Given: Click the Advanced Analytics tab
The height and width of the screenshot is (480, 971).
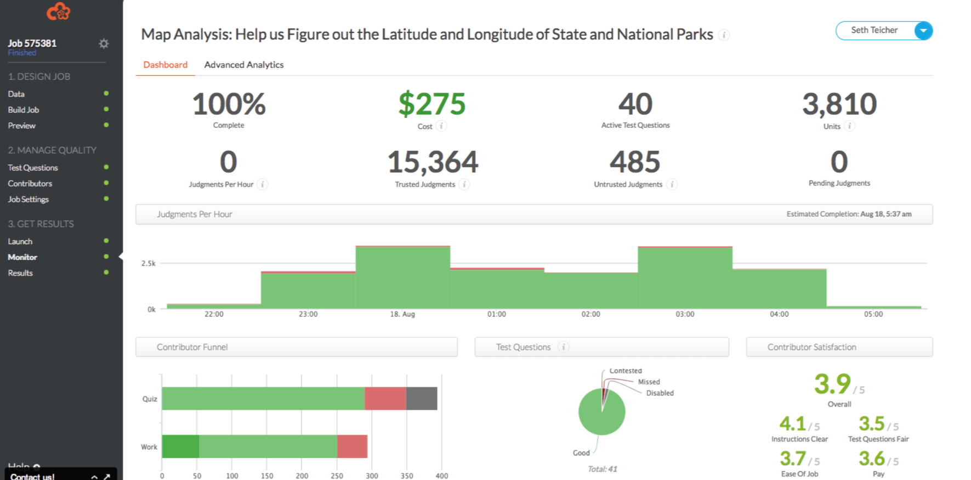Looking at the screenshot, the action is pyautogui.click(x=244, y=65).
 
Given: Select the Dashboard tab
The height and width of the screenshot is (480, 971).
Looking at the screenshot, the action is pyautogui.click(x=166, y=65).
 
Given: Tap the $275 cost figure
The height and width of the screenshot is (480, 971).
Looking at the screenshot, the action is pyautogui.click(x=432, y=104).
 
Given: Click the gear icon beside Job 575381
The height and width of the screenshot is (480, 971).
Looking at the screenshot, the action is pyautogui.click(x=104, y=43).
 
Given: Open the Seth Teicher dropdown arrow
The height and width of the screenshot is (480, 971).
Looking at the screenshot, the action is pyautogui.click(x=923, y=31).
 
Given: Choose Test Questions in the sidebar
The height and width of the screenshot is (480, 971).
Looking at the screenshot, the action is pyautogui.click(x=33, y=168).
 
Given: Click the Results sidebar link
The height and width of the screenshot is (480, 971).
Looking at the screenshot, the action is pyautogui.click(x=20, y=273).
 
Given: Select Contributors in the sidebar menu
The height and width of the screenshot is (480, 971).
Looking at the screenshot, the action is pyautogui.click(x=30, y=184).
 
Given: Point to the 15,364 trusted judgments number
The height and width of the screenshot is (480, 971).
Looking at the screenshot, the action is pyautogui.click(x=433, y=162).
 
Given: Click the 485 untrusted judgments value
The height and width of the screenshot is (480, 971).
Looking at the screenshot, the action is pyautogui.click(x=635, y=162).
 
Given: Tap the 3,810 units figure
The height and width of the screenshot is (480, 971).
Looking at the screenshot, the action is pyautogui.click(x=839, y=104).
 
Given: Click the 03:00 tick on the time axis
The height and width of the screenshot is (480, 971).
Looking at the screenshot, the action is pyautogui.click(x=685, y=314).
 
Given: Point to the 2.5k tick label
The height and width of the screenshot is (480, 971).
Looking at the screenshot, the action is pyautogui.click(x=149, y=263).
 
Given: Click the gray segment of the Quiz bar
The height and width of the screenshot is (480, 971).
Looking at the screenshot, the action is pyautogui.click(x=422, y=398).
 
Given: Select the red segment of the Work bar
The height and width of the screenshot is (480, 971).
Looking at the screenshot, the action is pyautogui.click(x=352, y=446).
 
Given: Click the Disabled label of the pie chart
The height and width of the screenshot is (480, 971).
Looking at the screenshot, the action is pyautogui.click(x=660, y=393).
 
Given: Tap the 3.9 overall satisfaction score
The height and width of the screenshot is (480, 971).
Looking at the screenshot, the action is pyautogui.click(x=832, y=384).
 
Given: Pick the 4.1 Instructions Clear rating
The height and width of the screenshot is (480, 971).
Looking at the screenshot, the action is pyautogui.click(x=792, y=423).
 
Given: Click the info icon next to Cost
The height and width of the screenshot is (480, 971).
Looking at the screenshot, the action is pyautogui.click(x=441, y=126).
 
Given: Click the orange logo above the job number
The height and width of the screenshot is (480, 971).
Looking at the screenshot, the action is pyautogui.click(x=59, y=11).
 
